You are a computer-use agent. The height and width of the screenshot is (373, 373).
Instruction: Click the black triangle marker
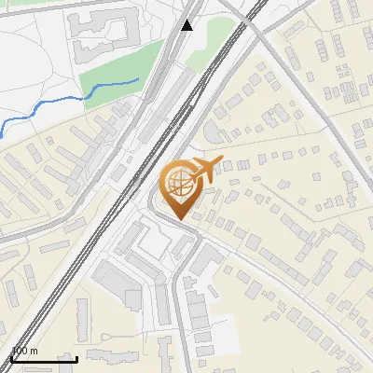click(187, 24)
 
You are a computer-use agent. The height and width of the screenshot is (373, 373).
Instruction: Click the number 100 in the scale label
click(20, 352)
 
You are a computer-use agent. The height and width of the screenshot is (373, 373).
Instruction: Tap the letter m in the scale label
click(35, 352)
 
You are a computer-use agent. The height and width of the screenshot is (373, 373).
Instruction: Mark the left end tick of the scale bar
click(11, 357)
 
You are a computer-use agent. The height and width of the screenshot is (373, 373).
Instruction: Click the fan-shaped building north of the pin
click(215, 131)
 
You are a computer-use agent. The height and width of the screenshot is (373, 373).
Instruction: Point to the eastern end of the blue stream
click(138, 81)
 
